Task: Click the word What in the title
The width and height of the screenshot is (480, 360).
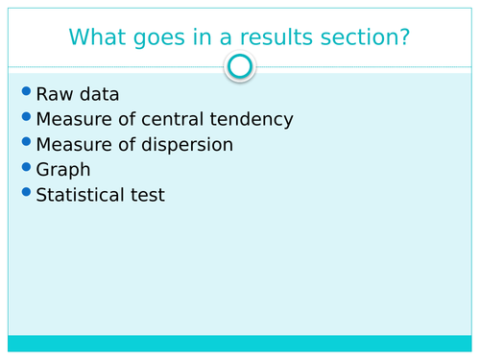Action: click(x=100, y=37)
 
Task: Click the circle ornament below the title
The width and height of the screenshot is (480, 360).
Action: click(x=240, y=66)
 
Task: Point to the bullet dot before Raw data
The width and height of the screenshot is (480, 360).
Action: click(x=25, y=92)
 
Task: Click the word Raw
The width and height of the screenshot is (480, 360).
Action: click(x=52, y=95)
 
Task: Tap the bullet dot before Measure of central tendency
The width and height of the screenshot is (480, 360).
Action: click(x=25, y=117)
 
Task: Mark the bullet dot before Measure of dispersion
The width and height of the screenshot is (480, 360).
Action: click(x=25, y=142)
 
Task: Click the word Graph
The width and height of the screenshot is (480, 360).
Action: click(x=63, y=171)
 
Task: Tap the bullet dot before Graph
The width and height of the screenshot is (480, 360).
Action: click(x=25, y=167)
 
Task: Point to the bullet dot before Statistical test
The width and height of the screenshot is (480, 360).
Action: click(x=25, y=192)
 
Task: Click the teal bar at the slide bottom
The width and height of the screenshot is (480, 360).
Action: click(x=240, y=344)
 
